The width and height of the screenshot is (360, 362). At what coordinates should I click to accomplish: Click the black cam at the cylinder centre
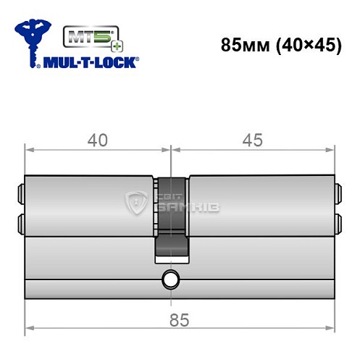[x=171, y=217]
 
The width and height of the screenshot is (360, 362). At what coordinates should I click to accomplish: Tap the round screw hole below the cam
[x=171, y=279]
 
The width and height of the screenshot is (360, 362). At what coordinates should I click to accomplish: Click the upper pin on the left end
[x=20, y=194]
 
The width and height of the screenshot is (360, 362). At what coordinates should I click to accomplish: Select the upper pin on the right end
[x=338, y=194]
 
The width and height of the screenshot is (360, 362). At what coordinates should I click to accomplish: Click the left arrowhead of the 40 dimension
[x=29, y=151]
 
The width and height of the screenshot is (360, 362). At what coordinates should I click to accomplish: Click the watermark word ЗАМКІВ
[x=192, y=208]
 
